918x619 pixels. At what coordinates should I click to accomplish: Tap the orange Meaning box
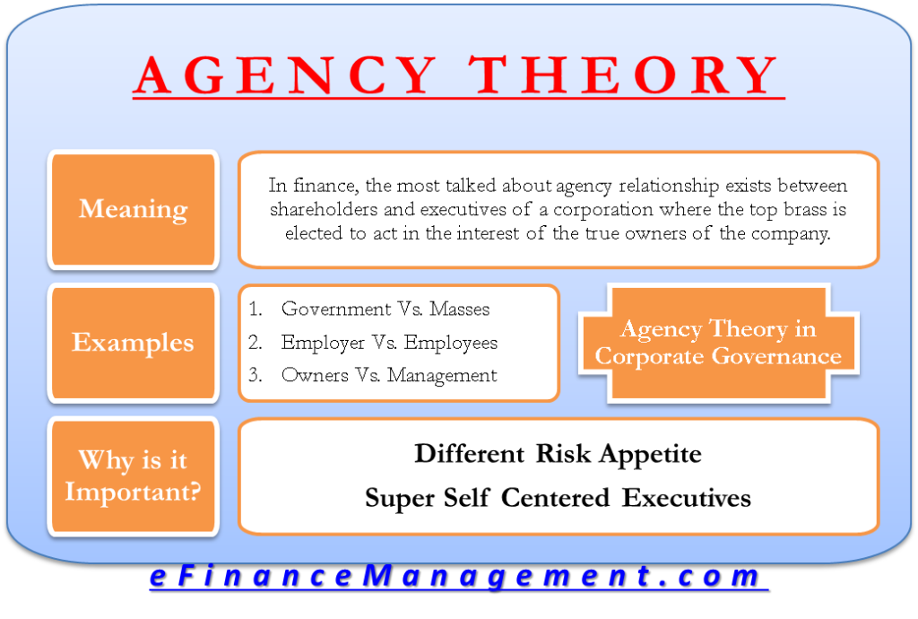[x=133, y=210]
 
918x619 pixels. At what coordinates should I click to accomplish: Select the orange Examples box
[x=133, y=343]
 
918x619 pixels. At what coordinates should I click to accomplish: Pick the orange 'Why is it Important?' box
[x=133, y=476]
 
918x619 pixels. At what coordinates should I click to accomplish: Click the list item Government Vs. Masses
[x=385, y=309]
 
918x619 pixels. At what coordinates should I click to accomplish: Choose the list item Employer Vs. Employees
[x=389, y=343]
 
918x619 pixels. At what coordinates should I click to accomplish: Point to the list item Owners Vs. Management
[x=389, y=376]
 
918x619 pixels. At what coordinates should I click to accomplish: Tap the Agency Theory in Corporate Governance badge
[x=718, y=343]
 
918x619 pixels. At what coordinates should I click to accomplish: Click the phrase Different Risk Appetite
[x=558, y=454]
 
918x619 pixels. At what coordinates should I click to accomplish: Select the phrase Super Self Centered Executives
[x=558, y=498]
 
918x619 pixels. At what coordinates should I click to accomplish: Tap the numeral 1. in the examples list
[x=255, y=309]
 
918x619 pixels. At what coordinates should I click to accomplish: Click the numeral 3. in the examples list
[x=255, y=376]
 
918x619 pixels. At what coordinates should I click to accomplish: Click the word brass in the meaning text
[x=789, y=209]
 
